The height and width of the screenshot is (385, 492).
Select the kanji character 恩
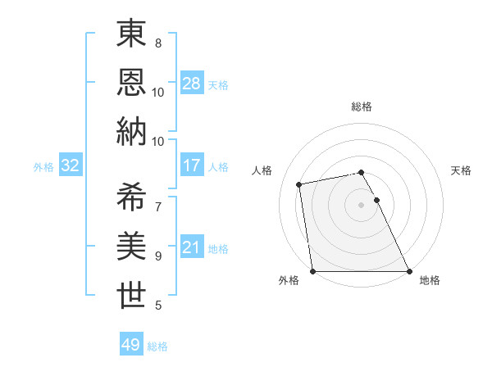132,81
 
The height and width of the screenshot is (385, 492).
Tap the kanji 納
132,132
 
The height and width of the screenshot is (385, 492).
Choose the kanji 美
132,245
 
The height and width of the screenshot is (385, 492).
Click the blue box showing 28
192,84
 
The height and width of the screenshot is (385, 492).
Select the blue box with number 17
192,165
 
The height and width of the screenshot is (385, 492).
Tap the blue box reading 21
192,247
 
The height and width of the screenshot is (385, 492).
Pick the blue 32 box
70,165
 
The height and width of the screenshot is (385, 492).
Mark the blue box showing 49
131,345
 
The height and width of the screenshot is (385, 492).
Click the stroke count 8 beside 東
157,43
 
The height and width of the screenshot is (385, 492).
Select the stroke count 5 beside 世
157,306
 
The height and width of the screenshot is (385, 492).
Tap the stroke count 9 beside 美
157,256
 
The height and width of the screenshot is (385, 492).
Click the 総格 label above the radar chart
361,106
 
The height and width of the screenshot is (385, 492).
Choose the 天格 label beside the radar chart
461,170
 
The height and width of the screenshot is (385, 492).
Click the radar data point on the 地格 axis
409,271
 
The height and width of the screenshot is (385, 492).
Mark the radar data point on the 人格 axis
299,183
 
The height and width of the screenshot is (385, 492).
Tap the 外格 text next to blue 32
43,166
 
